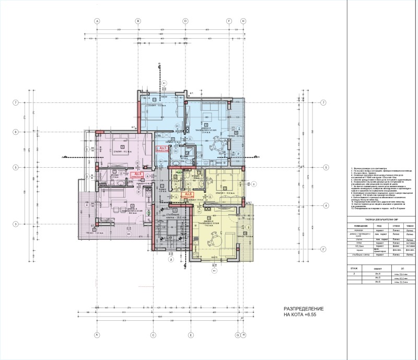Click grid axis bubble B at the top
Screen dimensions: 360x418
pyautogui.click(x=138, y=21)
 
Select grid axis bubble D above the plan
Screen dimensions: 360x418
pyautogui.click(x=185, y=21)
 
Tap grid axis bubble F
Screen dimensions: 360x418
pyautogui.click(x=229, y=21)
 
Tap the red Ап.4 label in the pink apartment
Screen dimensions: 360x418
pyautogui.click(x=138, y=175)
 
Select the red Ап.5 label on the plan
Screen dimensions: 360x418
pyautogui.click(x=162, y=149)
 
